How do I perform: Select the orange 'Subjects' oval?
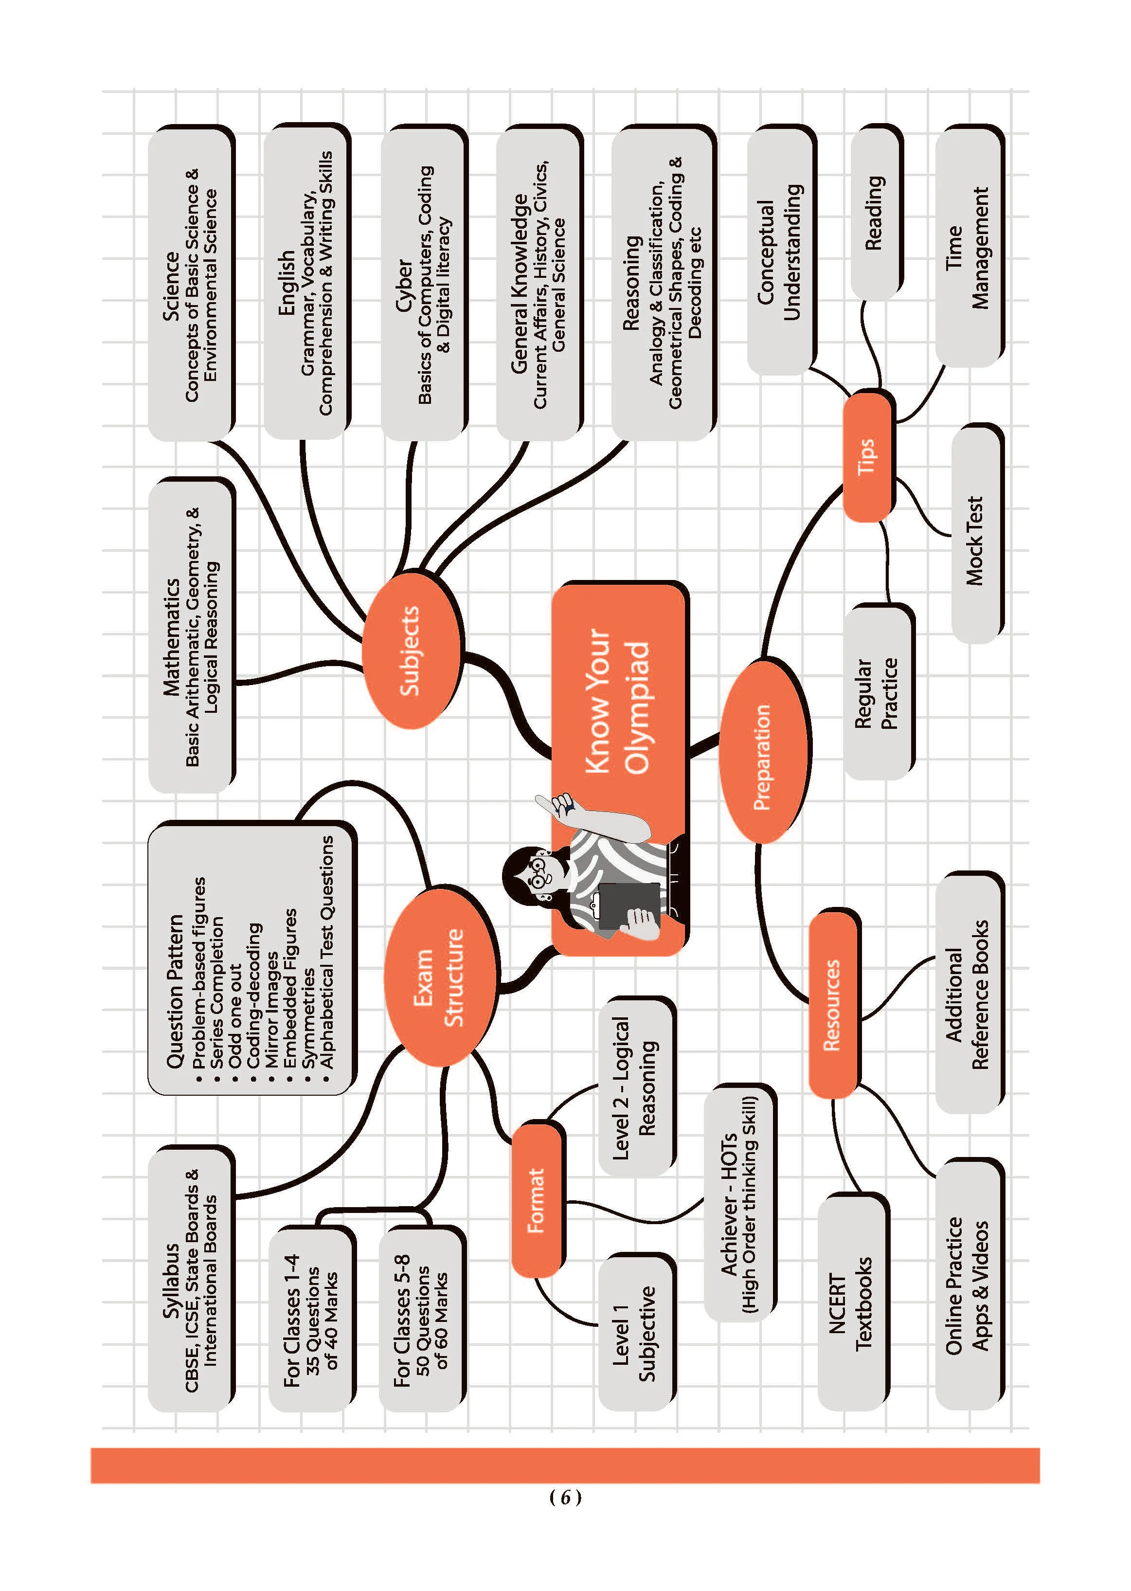coord(411,650)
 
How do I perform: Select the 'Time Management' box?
coord(968,247)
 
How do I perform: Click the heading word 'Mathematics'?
coord(171,637)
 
